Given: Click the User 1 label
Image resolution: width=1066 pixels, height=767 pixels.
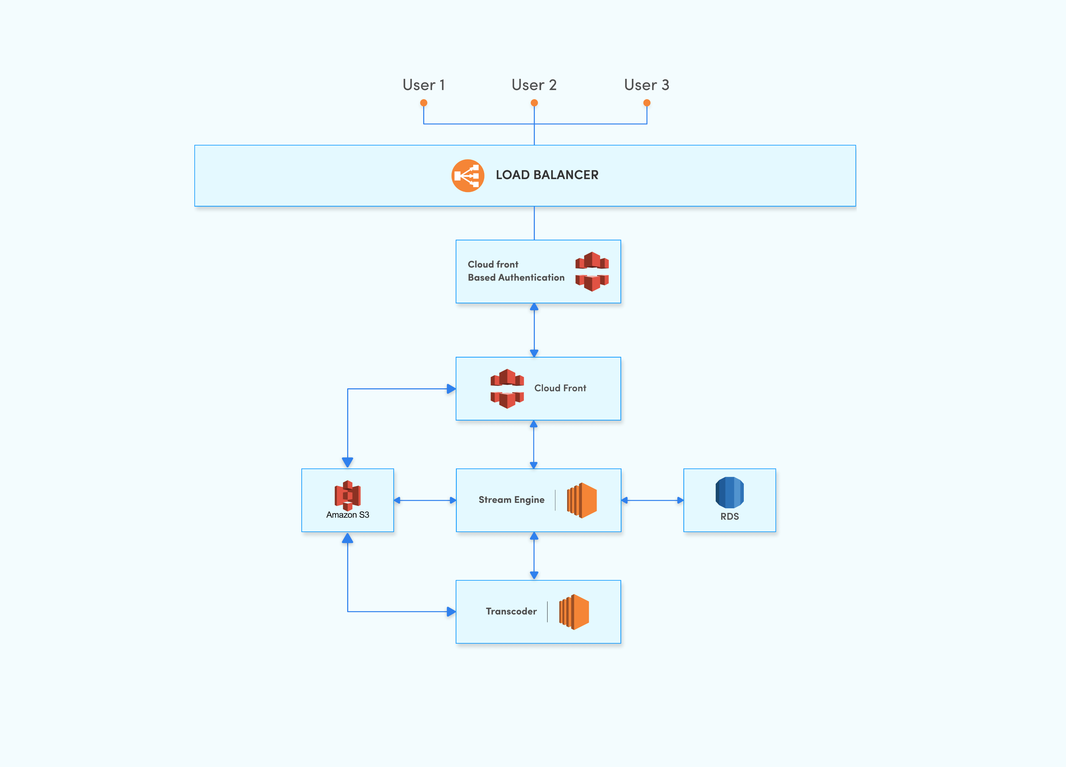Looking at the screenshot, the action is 423,85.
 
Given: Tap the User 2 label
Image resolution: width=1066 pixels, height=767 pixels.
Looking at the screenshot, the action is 534,85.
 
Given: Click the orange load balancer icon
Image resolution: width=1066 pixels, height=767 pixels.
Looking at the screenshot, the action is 468,176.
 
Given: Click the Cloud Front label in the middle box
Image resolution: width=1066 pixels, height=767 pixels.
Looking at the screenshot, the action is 560,388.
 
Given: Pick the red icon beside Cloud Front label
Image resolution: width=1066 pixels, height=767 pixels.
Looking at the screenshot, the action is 507,389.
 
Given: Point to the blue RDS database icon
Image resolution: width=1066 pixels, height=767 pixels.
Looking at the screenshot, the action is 729,493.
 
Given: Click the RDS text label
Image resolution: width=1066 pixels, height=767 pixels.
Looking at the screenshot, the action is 729,516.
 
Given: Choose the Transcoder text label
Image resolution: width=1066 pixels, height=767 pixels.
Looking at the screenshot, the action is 511,611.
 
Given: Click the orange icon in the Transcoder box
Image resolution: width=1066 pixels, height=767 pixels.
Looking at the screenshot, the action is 574,612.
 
